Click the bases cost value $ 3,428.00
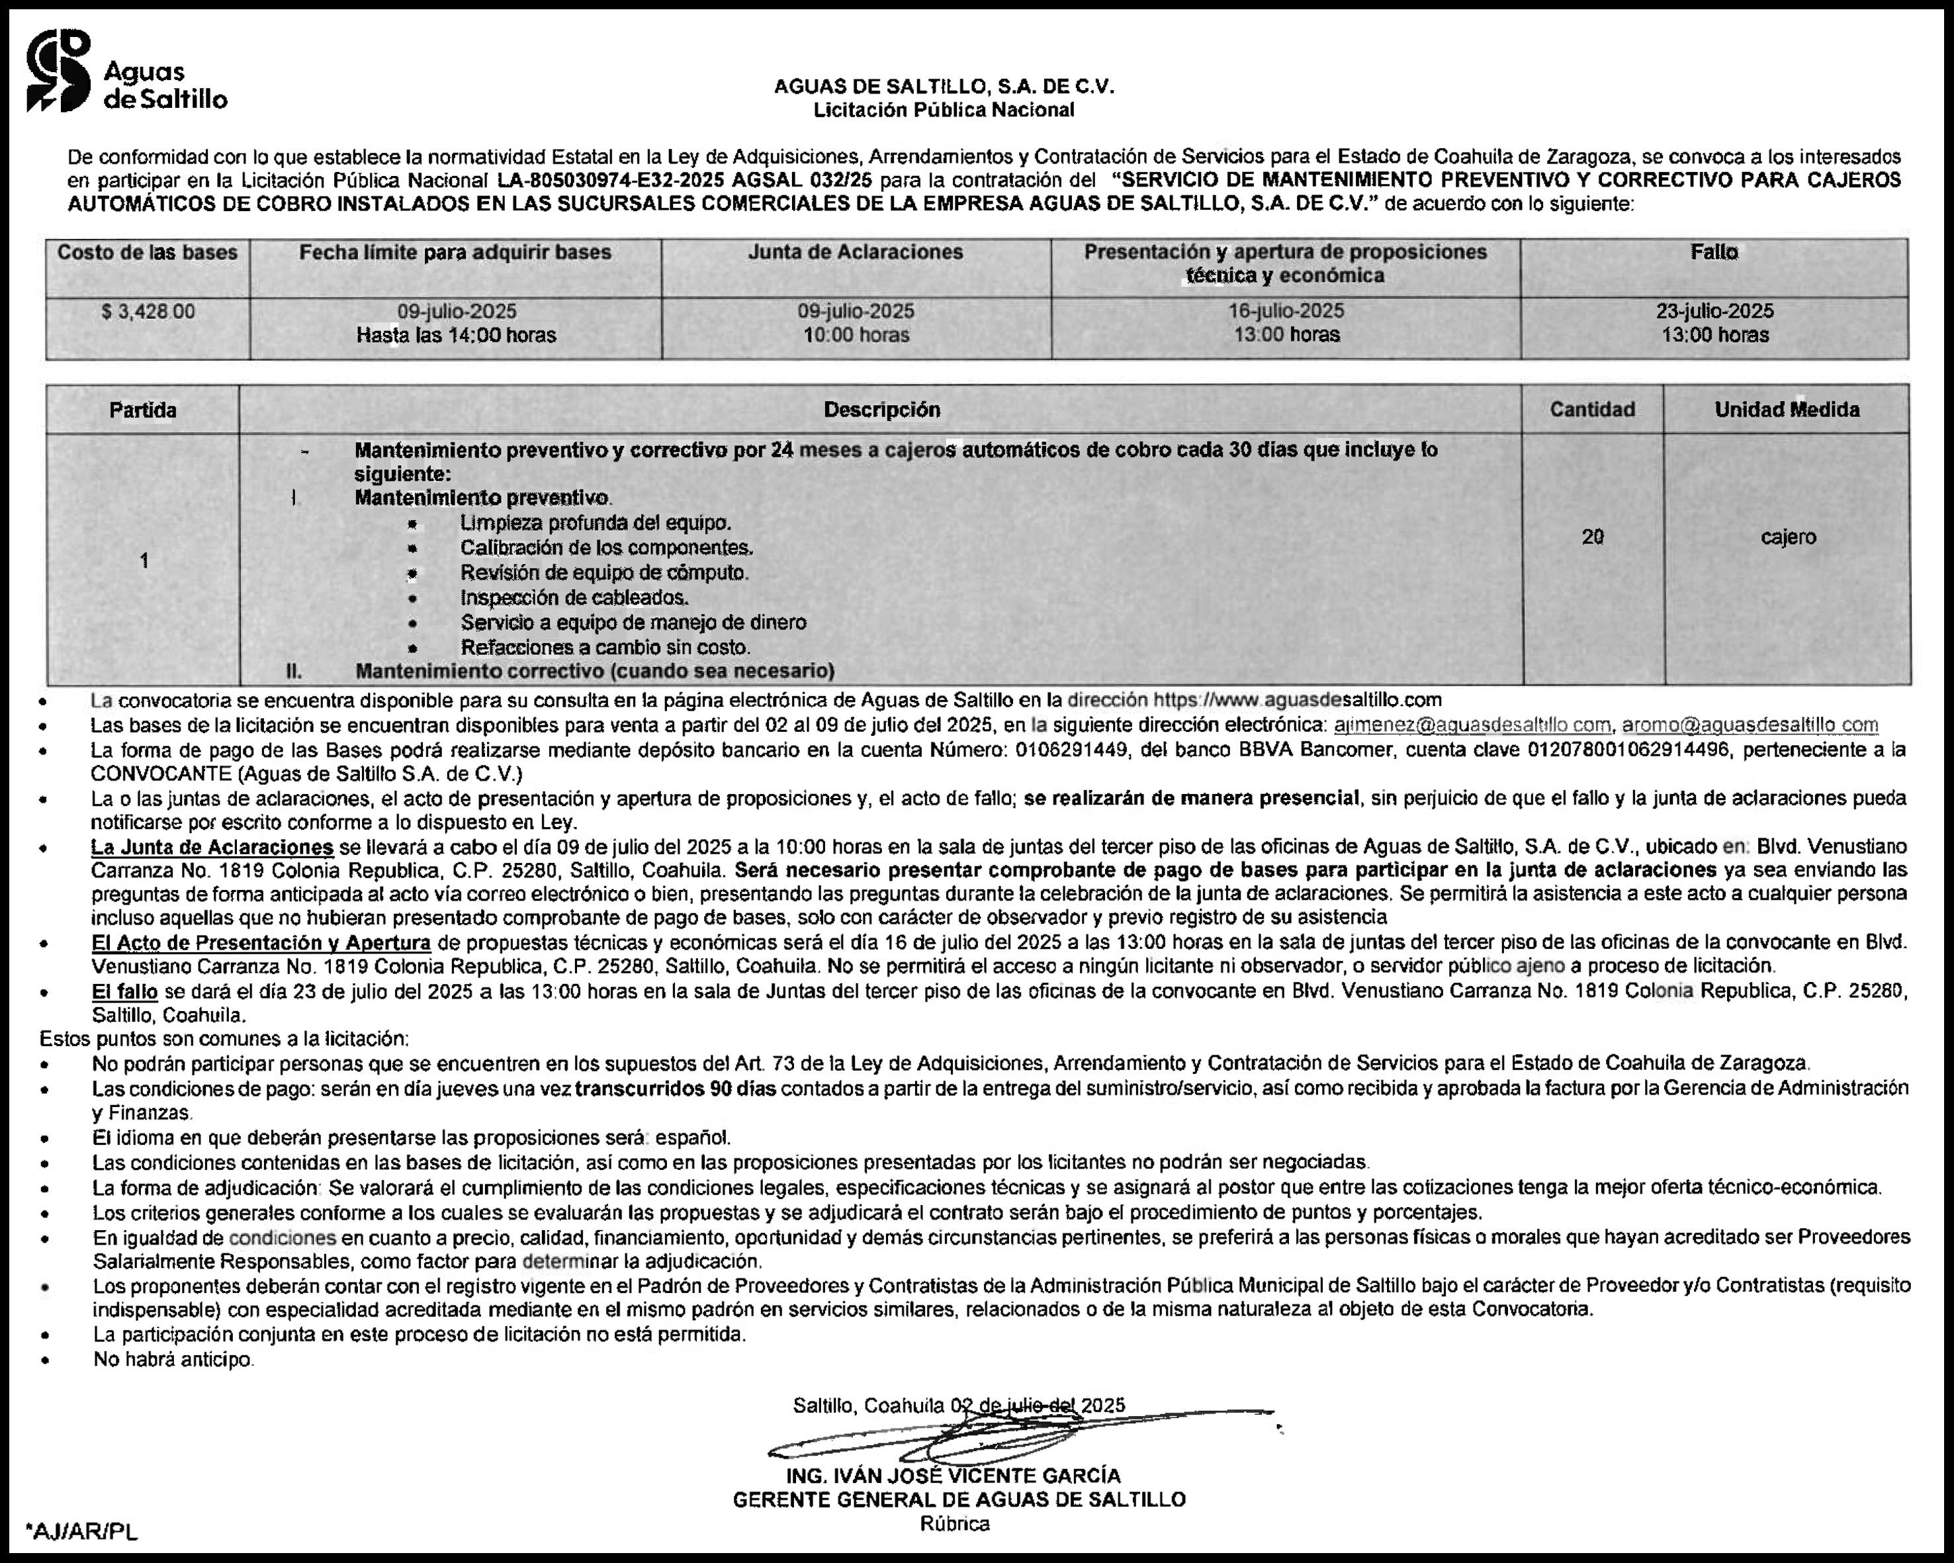pos(148,312)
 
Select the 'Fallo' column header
pos(1714,253)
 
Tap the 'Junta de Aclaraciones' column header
pos(856,253)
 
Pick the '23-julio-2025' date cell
pos(1714,311)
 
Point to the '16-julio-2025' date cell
pos(1286,311)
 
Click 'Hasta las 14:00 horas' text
pos(456,335)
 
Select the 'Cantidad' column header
pos(1593,410)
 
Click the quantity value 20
pos(1593,537)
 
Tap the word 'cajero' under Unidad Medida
pos(1788,537)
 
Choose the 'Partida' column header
pos(142,410)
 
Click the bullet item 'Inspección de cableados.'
pos(574,598)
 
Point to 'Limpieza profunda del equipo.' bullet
pos(596,523)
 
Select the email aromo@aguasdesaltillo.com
pos(1749,725)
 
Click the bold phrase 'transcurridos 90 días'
pos(675,1088)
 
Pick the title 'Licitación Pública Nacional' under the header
pos(944,111)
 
